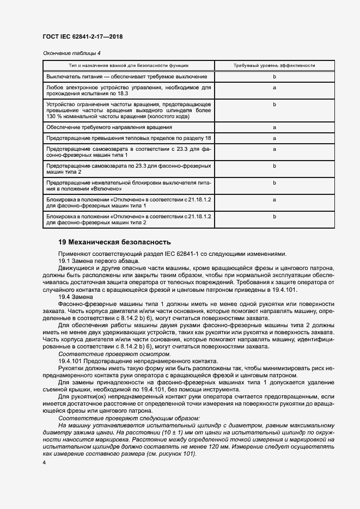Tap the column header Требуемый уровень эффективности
[x=274, y=65]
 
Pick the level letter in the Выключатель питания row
[x=274, y=77]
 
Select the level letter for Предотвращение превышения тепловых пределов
[x=274, y=138]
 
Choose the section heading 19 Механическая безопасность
[x=114, y=242]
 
